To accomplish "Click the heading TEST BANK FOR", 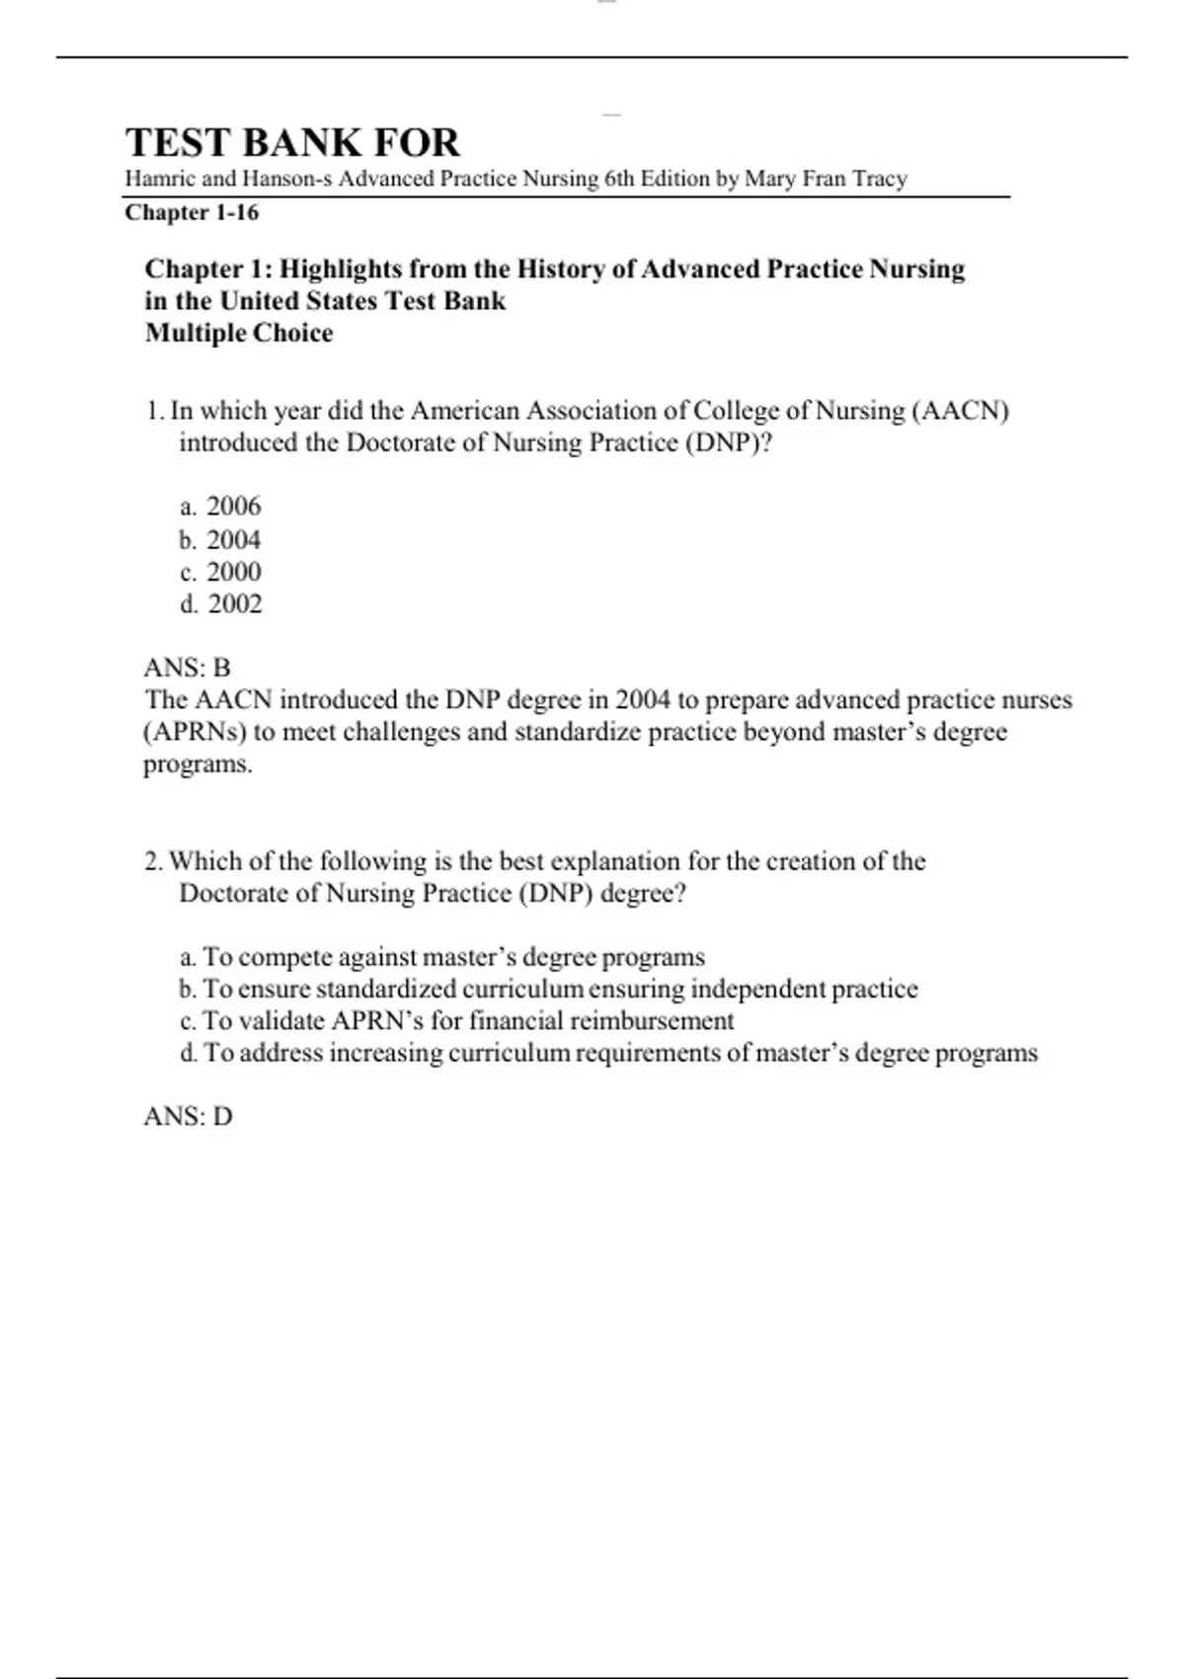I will (x=292, y=143).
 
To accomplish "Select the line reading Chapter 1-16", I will (x=192, y=212).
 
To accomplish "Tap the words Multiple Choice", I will (x=239, y=333).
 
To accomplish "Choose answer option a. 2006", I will (x=221, y=507).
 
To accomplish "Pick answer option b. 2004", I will (x=221, y=540).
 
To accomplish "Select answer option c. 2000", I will (x=221, y=572).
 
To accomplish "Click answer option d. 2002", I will (x=221, y=604).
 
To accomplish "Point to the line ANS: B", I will (x=188, y=668).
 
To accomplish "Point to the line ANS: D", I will (x=189, y=1117).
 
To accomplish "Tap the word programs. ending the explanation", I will (x=197, y=764).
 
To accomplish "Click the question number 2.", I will (x=153, y=861).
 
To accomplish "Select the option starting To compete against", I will (x=442, y=957).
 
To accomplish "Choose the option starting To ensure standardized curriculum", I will (x=549, y=989).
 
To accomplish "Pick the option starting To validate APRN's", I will (x=457, y=1020).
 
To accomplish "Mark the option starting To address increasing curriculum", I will (x=608, y=1053).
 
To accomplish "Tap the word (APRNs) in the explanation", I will (x=195, y=732).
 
